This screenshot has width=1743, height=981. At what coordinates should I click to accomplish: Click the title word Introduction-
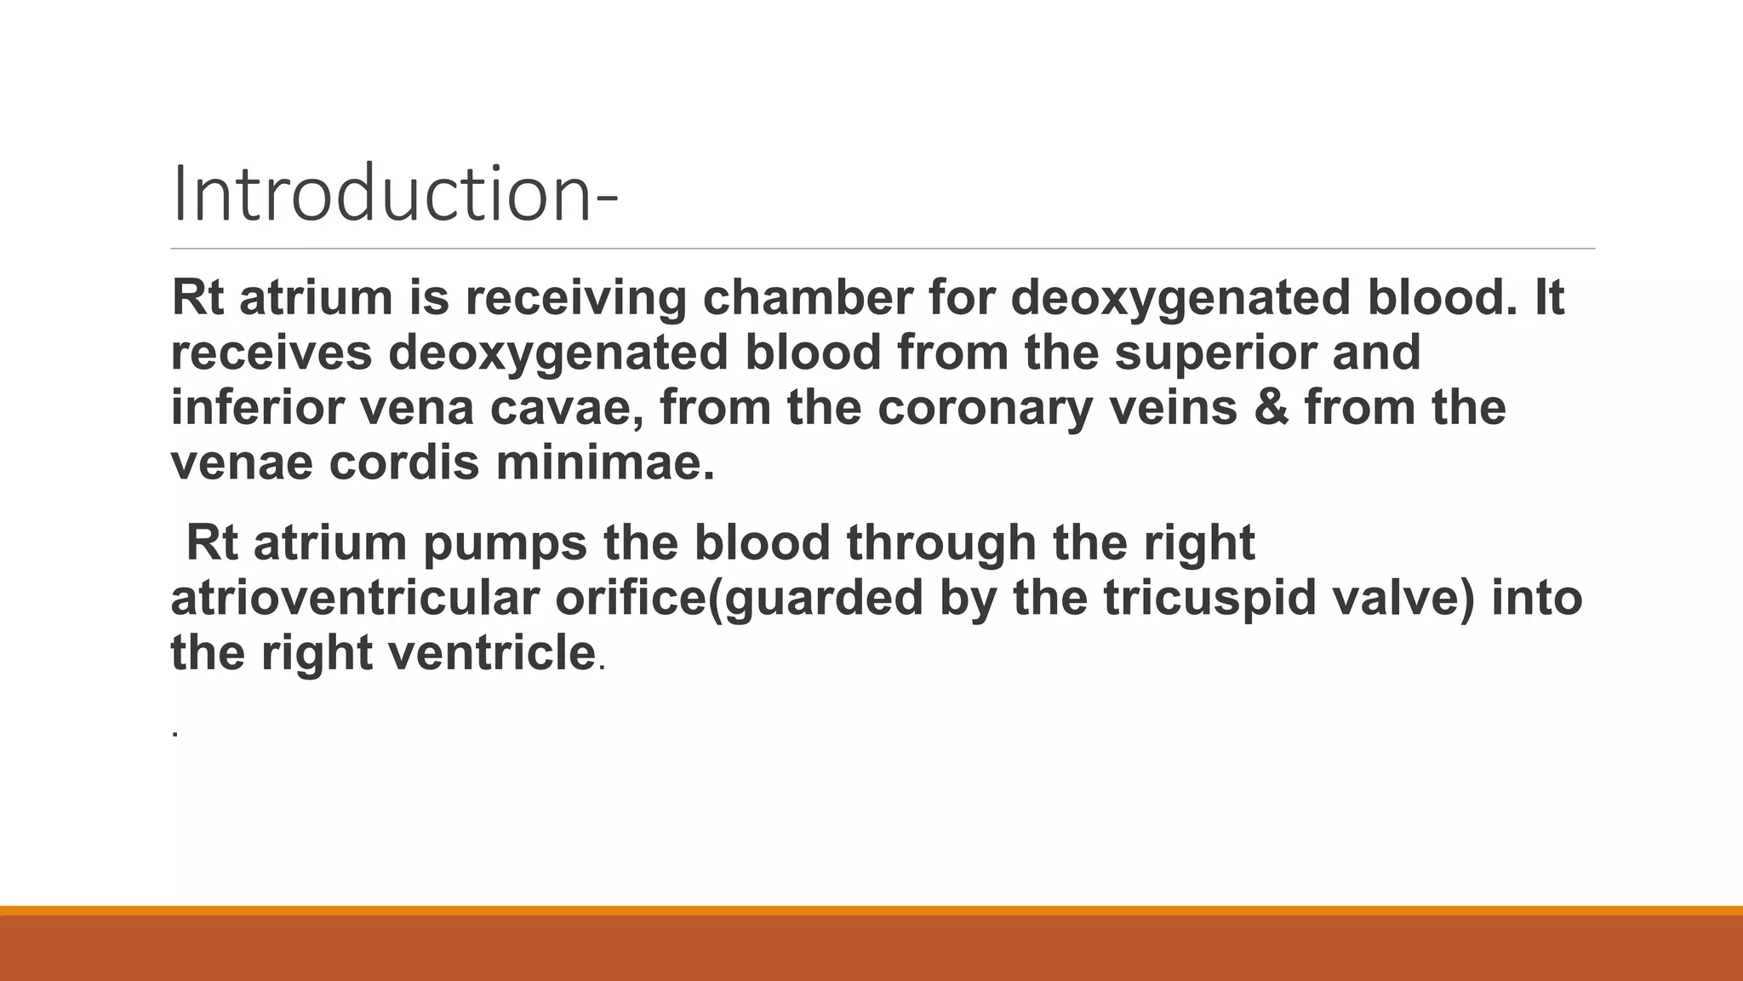click(x=394, y=195)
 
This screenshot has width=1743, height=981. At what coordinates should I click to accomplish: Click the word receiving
click(x=575, y=297)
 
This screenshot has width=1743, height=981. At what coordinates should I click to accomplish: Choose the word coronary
click(x=985, y=407)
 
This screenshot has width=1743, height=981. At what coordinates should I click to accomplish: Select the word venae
click(x=242, y=462)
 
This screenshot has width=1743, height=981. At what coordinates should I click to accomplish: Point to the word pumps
click(x=505, y=543)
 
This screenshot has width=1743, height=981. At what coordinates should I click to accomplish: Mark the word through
click(x=940, y=543)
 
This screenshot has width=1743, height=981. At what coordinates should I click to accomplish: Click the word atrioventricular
click(x=355, y=598)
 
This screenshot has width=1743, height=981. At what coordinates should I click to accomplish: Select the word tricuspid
click(x=1209, y=598)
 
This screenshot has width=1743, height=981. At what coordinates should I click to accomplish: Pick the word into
click(x=1537, y=598)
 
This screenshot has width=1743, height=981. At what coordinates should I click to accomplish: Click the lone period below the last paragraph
click(x=174, y=732)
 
